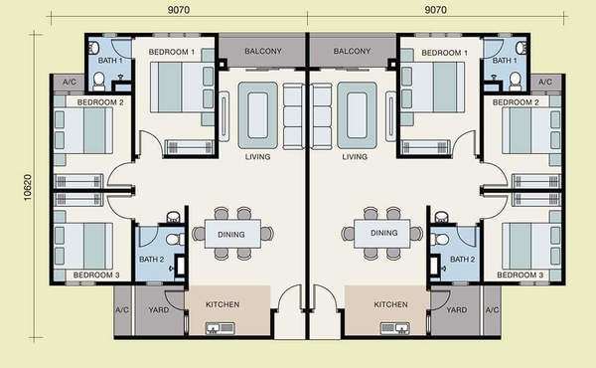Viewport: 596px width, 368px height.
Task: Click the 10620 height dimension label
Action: [x=28, y=187]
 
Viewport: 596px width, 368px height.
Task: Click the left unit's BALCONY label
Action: [x=263, y=51]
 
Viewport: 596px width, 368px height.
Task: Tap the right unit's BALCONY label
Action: [x=352, y=51]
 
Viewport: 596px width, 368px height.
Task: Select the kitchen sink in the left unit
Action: [x=221, y=328]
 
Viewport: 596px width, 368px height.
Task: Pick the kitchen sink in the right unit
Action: [x=395, y=328]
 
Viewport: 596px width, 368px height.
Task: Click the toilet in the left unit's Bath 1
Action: [x=98, y=81]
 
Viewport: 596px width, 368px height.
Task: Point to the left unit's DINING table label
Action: [x=231, y=235]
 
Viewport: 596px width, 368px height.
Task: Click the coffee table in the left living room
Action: [x=257, y=115]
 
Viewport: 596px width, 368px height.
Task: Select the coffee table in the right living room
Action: [x=357, y=115]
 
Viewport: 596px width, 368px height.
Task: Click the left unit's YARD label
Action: [x=159, y=309]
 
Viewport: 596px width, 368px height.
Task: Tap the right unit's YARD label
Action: [x=457, y=309]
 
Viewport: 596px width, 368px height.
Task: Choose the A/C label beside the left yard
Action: [x=122, y=310]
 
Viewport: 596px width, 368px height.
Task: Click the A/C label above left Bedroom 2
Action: [x=70, y=82]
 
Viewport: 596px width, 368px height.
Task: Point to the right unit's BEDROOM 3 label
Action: [x=520, y=275]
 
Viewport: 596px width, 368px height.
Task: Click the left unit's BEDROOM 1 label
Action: [x=172, y=52]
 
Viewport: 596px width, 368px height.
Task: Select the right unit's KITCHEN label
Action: [x=390, y=304]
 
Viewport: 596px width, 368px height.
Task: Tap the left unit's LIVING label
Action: [x=257, y=156]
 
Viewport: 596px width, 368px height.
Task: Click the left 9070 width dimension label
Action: [x=179, y=10]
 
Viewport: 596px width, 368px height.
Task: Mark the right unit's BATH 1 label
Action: [x=505, y=61]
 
